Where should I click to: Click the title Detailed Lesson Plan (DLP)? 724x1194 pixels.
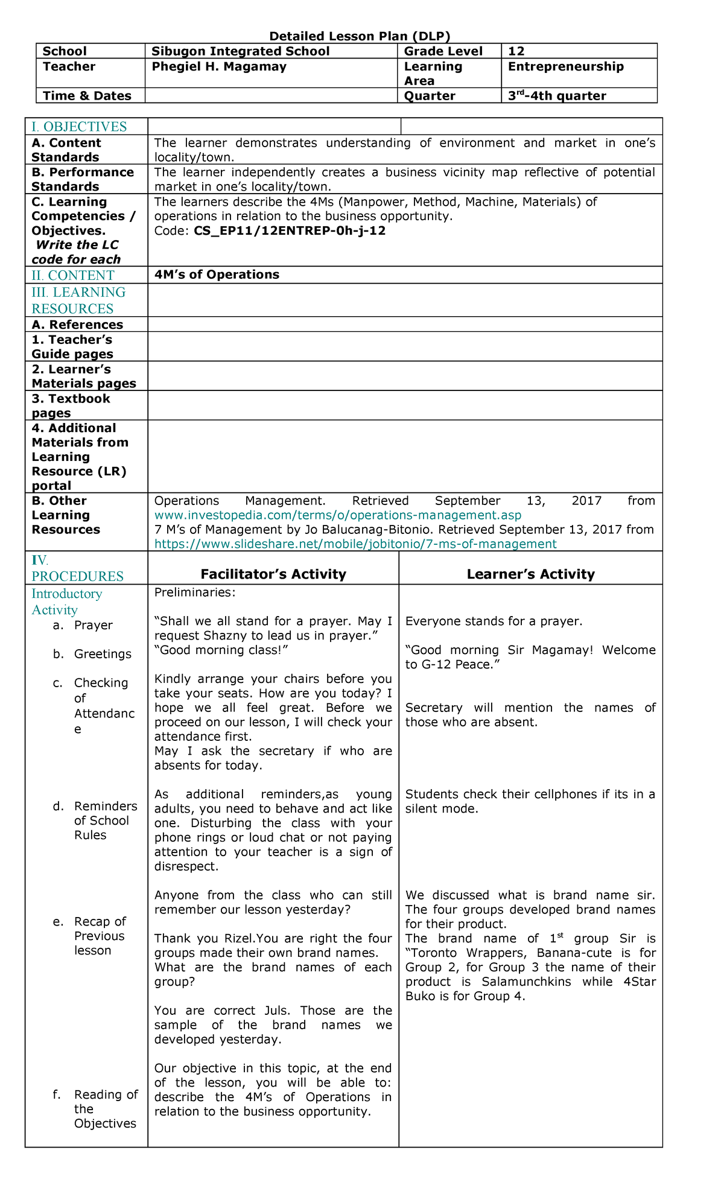pyautogui.click(x=360, y=36)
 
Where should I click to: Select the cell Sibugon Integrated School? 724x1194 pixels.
pyautogui.click(x=240, y=51)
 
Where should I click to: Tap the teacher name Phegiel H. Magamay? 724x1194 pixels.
pyautogui.click(x=218, y=67)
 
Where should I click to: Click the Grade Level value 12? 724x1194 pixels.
pyautogui.click(x=516, y=51)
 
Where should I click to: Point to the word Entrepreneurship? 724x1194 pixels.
pyautogui.click(x=565, y=67)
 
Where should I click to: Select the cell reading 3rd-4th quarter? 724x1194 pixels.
pyautogui.click(x=556, y=96)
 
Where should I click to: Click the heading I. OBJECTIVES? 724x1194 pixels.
pyautogui.click(x=79, y=127)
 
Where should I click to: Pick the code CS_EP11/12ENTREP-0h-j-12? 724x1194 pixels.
pyautogui.click(x=290, y=230)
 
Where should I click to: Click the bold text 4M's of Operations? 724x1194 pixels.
pyautogui.click(x=217, y=275)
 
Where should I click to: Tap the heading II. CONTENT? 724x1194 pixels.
pyautogui.click(x=73, y=276)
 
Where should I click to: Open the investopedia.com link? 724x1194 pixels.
pyautogui.click(x=338, y=515)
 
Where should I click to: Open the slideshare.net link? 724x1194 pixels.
pyautogui.click(x=355, y=544)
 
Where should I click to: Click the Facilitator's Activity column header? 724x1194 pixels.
pyautogui.click(x=273, y=574)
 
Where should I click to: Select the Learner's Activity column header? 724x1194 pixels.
pyautogui.click(x=530, y=574)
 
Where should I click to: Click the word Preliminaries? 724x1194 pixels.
pyautogui.click(x=194, y=592)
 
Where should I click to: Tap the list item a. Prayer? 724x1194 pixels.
pyautogui.click(x=93, y=625)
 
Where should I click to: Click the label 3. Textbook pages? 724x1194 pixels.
pyautogui.click(x=71, y=406)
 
